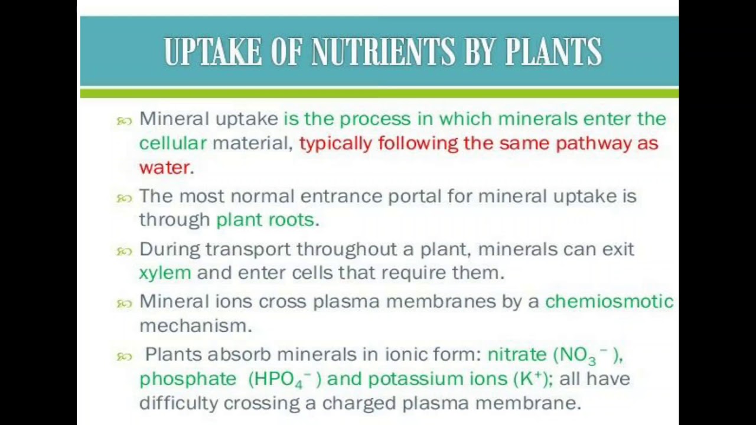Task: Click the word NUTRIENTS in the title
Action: tap(383, 52)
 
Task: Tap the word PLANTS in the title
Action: tap(553, 52)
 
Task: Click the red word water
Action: tap(164, 167)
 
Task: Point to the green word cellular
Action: tap(172, 143)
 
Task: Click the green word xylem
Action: tap(165, 273)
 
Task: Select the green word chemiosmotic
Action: tap(609, 302)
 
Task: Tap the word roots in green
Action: tap(291, 220)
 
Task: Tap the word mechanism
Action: tap(195, 325)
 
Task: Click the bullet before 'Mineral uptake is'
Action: tap(124, 121)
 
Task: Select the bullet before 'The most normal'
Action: tap(124, 198)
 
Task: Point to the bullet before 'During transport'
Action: tap(124, 251)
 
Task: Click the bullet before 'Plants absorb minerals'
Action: tap(124, 357)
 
